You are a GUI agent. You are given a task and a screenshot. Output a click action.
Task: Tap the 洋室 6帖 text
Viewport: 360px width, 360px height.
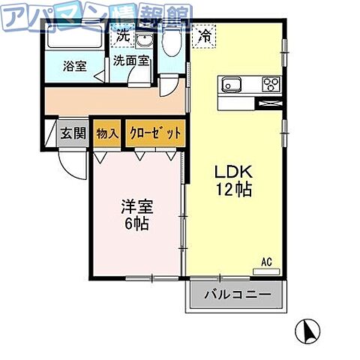click(x=136, y=214)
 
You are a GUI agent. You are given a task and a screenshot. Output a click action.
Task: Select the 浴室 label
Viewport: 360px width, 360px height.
click(x=74, y=65)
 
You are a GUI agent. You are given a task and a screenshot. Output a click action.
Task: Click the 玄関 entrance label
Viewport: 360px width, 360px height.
click(x=73, y=134)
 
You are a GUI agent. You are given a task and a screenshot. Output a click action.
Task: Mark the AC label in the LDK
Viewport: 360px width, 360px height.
click(x=265, y=262)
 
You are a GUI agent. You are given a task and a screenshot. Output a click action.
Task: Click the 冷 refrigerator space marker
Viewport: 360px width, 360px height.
click(x=203, y=34)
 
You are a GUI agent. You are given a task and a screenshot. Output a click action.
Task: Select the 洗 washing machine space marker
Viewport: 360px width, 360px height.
click(x=122, y=34)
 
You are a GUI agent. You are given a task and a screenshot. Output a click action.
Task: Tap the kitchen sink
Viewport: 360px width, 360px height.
click(x=232, y=83)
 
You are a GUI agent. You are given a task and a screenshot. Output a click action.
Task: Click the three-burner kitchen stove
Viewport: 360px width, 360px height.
click(x=270, y=83)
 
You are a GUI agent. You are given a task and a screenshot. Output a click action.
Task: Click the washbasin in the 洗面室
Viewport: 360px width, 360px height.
click(x=145, y=39)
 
